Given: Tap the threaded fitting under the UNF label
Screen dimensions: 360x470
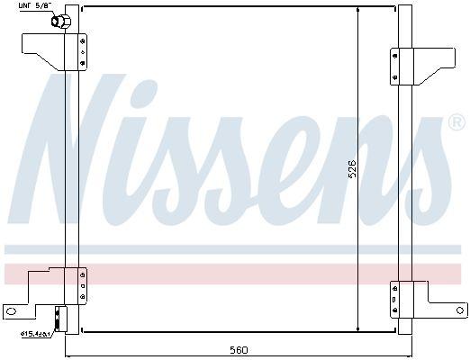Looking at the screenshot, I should point(59,22).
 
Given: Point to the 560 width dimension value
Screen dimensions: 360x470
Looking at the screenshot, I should point(239,349).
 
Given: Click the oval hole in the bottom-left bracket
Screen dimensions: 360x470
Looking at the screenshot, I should point(12,311).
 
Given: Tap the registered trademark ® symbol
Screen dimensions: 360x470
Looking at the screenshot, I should point(455,121).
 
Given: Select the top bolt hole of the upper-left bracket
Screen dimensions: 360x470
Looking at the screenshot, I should point(83,40).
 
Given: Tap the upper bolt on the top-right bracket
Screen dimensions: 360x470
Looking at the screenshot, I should point(393,54).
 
